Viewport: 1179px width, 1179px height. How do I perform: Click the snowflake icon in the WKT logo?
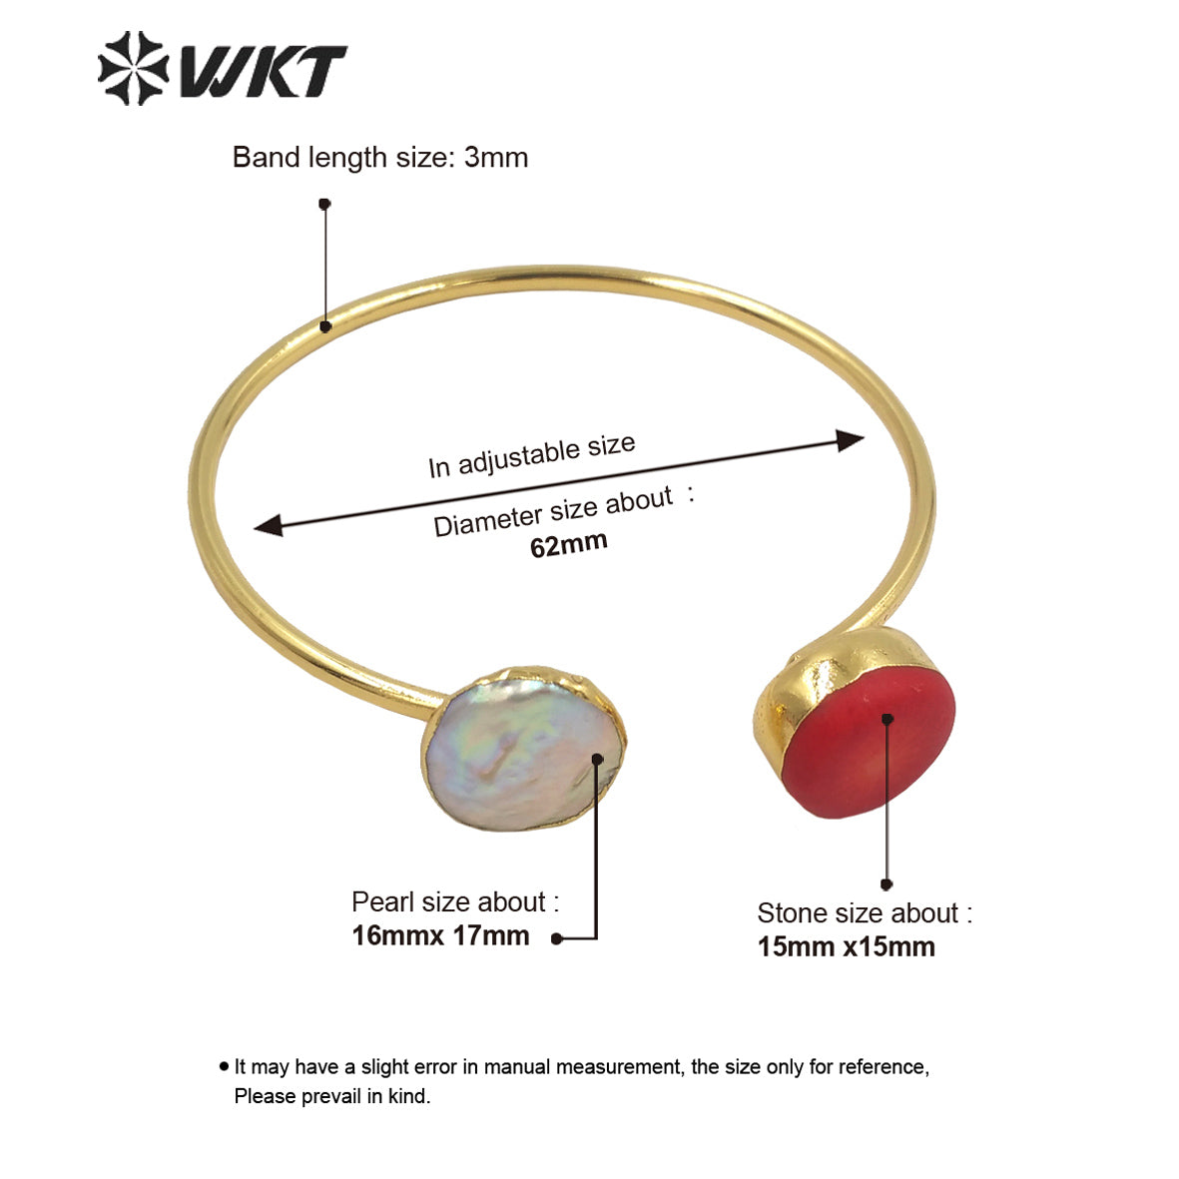[133, 68]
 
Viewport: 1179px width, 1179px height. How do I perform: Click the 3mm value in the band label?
[496, 158]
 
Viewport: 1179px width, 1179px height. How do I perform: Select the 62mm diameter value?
[568, 545]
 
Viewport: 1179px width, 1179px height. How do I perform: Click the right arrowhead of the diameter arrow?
[851, 440]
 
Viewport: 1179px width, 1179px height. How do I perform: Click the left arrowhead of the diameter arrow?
[268, 525]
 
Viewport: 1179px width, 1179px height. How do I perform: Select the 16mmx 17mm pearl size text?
[440, 936]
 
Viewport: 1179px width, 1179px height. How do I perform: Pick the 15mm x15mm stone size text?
[846, 946]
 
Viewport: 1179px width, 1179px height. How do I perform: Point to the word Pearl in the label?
[381, 902]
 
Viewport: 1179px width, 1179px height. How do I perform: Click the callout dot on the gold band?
[324, 326]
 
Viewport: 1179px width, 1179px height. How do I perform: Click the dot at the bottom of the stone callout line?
[886, 884]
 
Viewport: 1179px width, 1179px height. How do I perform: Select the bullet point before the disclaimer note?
[224, 1066]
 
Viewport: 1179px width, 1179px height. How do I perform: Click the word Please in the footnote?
[264, 1096]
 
